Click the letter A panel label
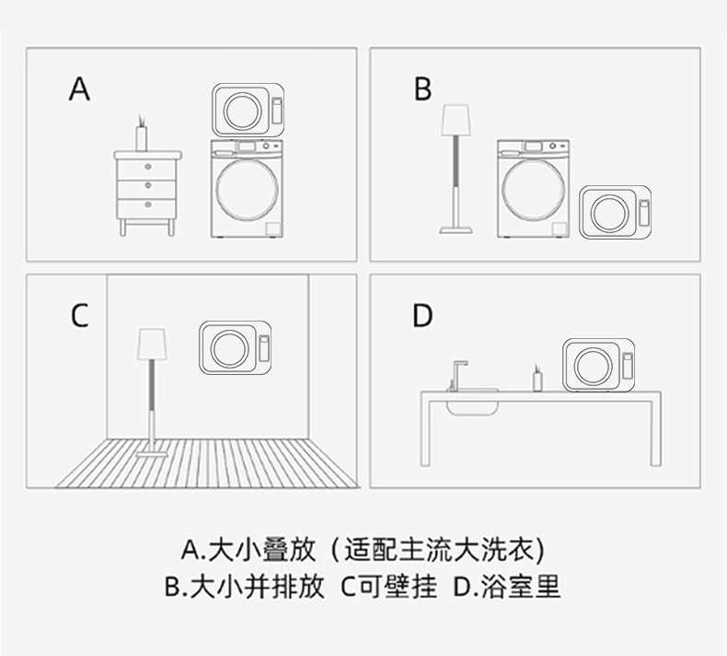[x=79, y=88]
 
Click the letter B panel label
[x=422, y=88]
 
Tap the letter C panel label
[x=79, y=316]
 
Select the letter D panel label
[x=422, y=316]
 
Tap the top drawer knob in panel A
[x=148, y=166]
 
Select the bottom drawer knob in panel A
[x=148, y=205]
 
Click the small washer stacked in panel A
[x=248, y=110]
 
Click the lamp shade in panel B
[x=456, y=120]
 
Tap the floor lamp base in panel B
[x=456, y=229]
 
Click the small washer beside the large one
[x=616, y=213]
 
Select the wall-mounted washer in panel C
[x=235, y=347]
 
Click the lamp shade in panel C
[x=151, y=344]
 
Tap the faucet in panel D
[x=458, y=376]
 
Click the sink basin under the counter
[x=472, y=406]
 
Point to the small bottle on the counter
[x=537, y=378]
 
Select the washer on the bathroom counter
[x=598, y=365]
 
